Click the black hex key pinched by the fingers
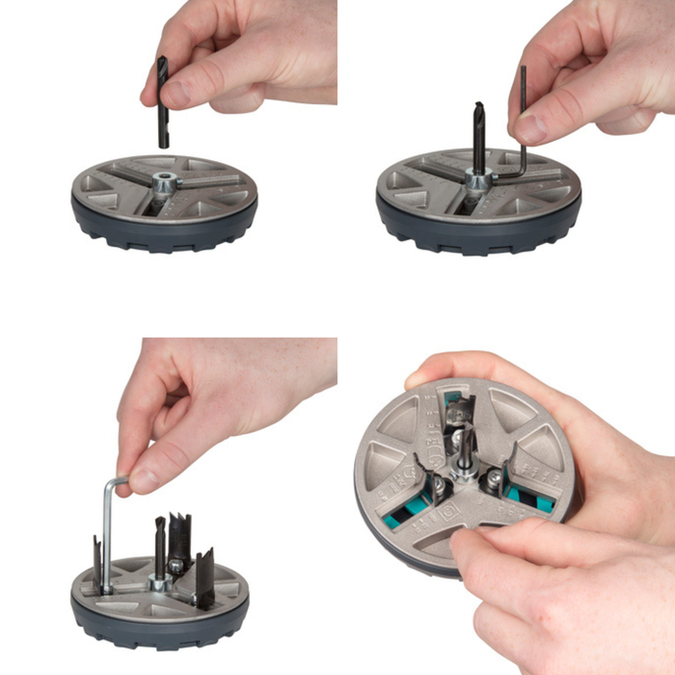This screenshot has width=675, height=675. point(523,106)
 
